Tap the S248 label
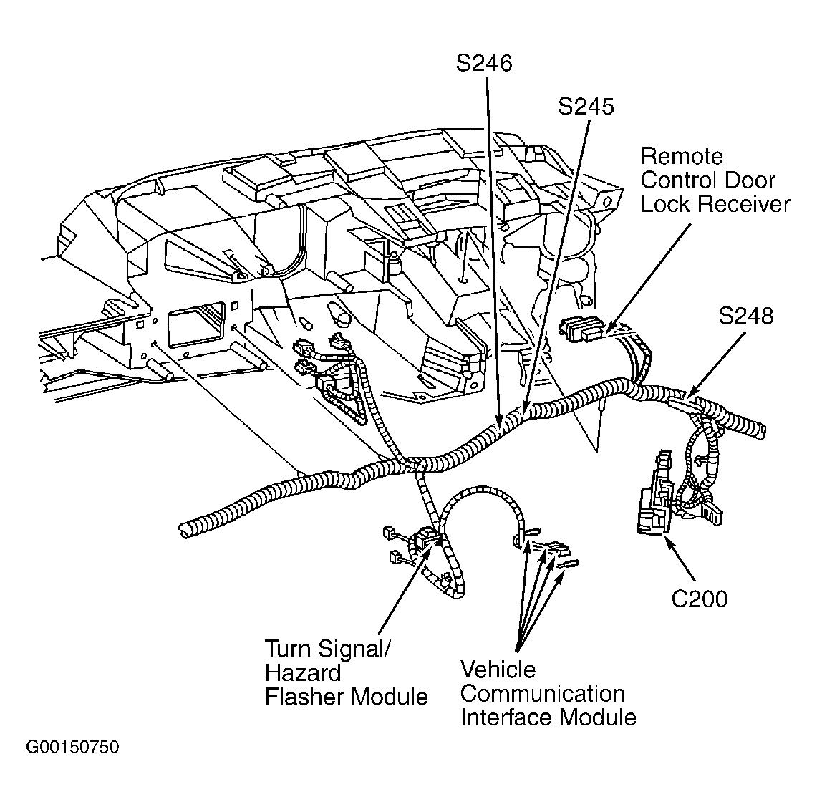746,316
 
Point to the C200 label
699,599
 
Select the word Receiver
744,204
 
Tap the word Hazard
303,673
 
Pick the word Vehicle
498,670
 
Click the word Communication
542,693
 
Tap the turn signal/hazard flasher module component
427,538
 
